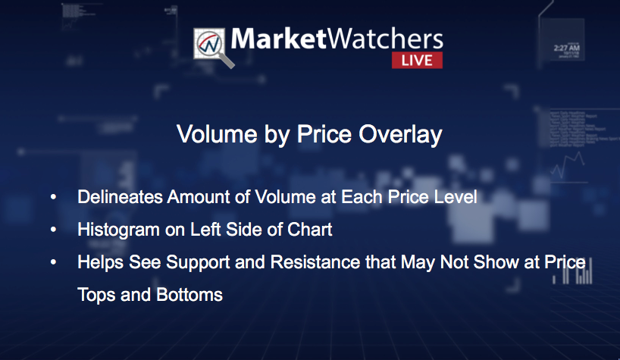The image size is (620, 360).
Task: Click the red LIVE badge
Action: click(417, 60)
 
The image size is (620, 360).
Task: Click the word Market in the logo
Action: click(279, 39)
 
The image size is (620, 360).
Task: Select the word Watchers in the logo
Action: click(386, 39)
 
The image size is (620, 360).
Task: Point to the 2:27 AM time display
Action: click(567, 49)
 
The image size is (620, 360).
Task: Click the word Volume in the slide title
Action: click(217, 134)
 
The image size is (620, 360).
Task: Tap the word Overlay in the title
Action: click(400, 135)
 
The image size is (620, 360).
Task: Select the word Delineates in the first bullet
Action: click(120, 197)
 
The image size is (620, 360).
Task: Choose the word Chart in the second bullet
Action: click(309, 230)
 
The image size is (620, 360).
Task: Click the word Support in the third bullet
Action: click(198, 263)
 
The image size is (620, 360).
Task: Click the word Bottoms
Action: click(189, 295)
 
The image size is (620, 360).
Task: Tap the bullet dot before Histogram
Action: click(53, 230)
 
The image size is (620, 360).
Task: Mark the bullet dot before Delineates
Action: click(53, 197)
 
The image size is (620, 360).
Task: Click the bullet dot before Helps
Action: click(53, 262)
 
